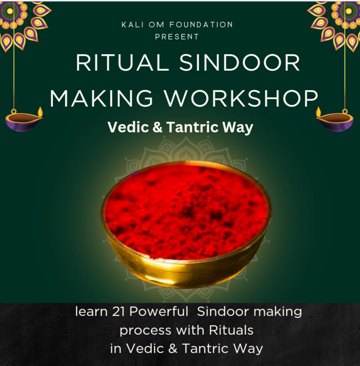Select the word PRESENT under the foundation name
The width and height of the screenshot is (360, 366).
click(x=177, y=37)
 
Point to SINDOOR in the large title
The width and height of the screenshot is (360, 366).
click(x=240, y=63)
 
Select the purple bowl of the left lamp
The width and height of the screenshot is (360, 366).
click(x=22, y=122)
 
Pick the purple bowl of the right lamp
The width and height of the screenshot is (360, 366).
click(x=337, y=122)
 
